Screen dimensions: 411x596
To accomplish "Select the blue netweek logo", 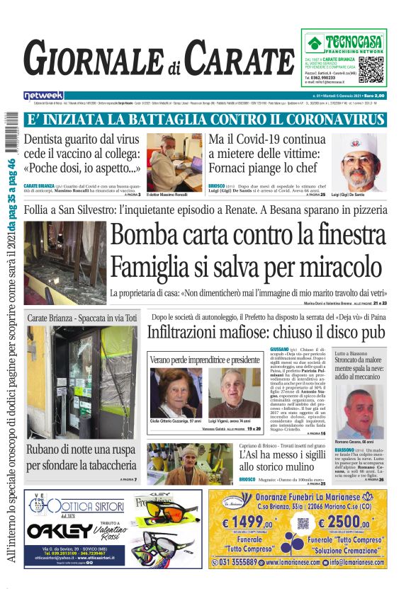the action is click(x=43, y=95).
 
